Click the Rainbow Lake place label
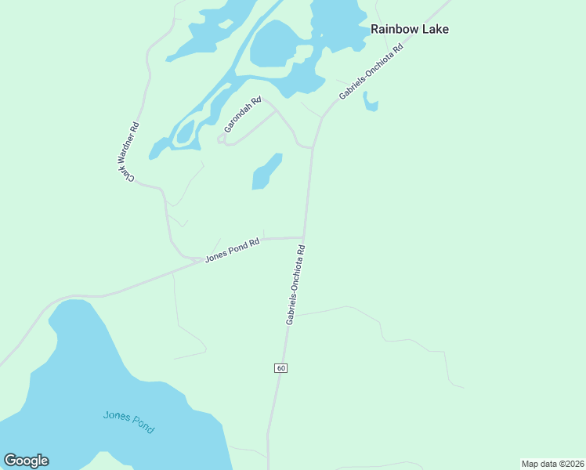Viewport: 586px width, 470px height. pos(409,29)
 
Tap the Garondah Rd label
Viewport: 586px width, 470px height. pos(242,114)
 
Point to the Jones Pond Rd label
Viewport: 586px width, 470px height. pos(232,251)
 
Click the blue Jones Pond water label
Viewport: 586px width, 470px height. pos(128,422)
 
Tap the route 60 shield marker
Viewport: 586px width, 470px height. pos(281,368)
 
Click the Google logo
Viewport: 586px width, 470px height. pos(26,461)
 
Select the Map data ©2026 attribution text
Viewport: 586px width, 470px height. pos(552,464)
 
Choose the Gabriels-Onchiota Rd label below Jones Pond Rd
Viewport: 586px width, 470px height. pos(295,285)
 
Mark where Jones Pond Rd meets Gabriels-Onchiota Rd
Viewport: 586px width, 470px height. pos(304,237)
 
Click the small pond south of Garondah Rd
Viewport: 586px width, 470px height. pos(266,172)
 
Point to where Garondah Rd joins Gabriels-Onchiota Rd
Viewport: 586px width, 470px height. pos(313,146)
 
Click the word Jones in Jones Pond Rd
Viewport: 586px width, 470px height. pos(215,256)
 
